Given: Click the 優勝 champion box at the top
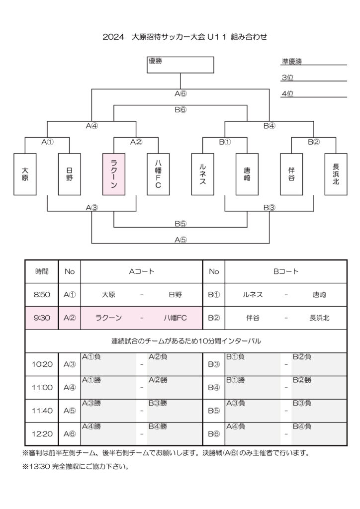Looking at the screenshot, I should pos(180,65).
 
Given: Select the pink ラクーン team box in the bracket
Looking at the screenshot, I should pos(113,173).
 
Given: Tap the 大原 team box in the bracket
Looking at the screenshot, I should pos(25,173).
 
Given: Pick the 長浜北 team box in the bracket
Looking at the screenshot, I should pos(336,173).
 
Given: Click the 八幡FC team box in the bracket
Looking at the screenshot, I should pos(158,173).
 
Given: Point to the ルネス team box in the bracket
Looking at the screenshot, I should pos(202,173).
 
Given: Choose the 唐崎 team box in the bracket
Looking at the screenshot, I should pos(247,173).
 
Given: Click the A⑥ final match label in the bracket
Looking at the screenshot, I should pos(180,93).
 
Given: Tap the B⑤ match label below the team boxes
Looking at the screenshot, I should pos(180,224).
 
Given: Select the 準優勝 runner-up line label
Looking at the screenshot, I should pos(292,62).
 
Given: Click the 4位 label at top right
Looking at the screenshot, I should pos(287,93).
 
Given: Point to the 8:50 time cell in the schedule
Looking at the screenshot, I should pos(42,295).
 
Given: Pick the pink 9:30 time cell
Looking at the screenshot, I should pos(42,318).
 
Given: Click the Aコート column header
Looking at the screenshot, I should pos(141,272).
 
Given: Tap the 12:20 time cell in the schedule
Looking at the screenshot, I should pos(42,433).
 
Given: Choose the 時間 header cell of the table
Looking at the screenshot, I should pos(42,272).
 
